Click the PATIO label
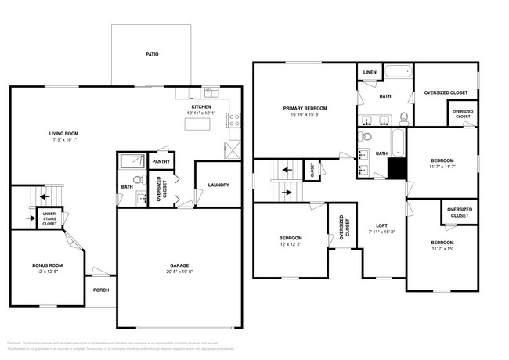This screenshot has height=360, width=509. pyautogui.click(x=152, y=55)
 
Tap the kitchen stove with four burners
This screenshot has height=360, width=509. pyautogui.click(x=233, y=121)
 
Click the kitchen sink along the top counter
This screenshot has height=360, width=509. pyautogui.click(x=211, y=92)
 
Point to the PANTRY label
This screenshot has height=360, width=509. pyautogui.click(x=161, y=162)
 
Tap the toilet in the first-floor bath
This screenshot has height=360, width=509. pyautogui.click(x=138, y=182)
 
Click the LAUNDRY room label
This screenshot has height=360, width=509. pyautogui.click(x=218, y=185)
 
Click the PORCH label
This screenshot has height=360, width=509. pyautogui.click(x=100, y=289)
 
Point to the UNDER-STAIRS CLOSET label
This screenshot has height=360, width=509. pyautogui.click(x=49, y=220)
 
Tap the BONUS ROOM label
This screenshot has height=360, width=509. pyautogui.click(x=47, y=265)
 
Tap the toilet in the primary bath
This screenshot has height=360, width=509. pyautogui.click(x=403, y=118)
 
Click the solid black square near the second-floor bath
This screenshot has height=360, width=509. pyautogui.click(x=398, y=169)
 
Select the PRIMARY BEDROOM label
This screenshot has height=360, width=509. pyautogui.click(x=305, y=108)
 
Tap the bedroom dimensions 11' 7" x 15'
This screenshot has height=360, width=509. pyautogui.click(x=442, y=250)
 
